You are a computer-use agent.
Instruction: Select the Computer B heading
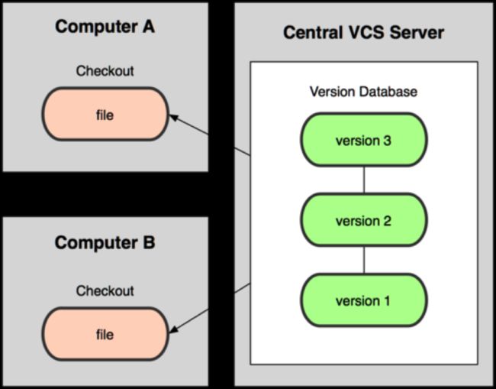105,243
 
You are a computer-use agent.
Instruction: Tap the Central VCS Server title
363,33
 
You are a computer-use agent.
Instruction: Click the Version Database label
363,92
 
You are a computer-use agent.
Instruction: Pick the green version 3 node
364,139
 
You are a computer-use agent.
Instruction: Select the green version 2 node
364,219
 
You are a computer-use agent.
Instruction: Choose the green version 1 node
364,300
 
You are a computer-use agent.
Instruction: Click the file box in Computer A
105,114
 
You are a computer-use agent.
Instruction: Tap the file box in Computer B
105,334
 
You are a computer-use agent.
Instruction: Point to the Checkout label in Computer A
105,71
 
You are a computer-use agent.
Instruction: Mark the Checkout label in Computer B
105,291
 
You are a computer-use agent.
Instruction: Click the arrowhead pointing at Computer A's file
174,118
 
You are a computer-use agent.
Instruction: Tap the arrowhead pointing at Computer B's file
174,329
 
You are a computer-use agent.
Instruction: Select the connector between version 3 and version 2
364,180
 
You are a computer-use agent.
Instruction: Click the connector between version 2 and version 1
364,260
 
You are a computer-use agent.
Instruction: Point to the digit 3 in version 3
387,141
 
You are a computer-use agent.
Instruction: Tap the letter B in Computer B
149,243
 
